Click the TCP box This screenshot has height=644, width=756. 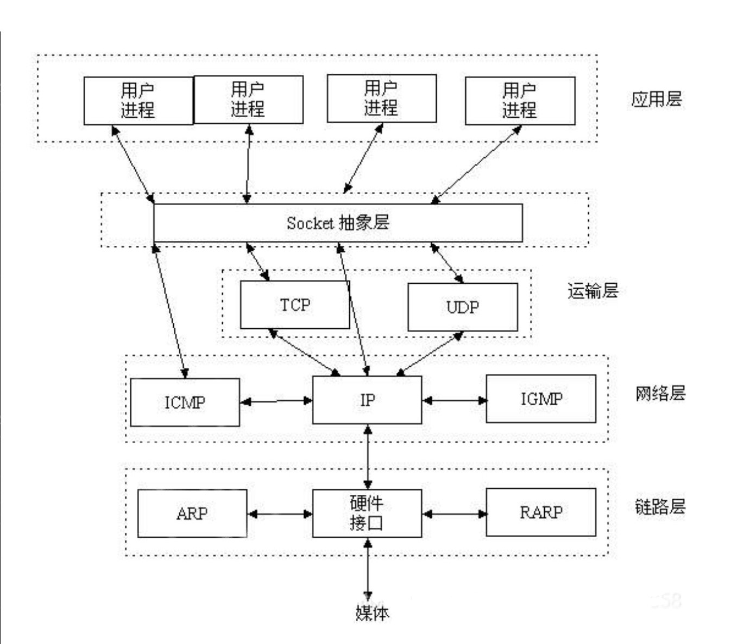pyautogui.click(x=295, y=305)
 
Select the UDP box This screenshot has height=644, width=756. pyautogui.click(x=462, y=307)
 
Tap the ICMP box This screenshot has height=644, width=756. pyautogui.click(x=185, y=403)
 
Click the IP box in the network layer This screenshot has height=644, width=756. pyautogui.click(x=367, y=400)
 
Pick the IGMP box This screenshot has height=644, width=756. pyautogui.click(x=541, y=399)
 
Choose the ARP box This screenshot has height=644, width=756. pyautogui.click(x=192, y=513)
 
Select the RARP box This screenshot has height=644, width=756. pyautogui.click(x=541, y=512)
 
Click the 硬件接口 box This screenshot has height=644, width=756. pyautogui.click(x=367, y=513)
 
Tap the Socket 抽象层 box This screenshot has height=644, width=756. pyautogui.click(x=338, y=223)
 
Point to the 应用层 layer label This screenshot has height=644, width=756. pyautogui.click(x=656, y=99)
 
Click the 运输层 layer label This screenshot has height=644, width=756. pyautogui.click(x=593, y=291)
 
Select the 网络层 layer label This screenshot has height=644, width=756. pyautogui.click(x=660, y=393)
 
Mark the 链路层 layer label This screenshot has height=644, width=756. pyautogui.click(x=660, y=507)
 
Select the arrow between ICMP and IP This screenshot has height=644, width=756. pyautogui.click(x=276, y=401)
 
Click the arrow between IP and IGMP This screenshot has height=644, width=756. pyautogui.click(x=454, y=400)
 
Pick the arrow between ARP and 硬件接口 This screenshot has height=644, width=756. pyautogui.click(x=280, y=513)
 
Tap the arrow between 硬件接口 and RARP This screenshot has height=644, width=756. pyautogui.click(x=454, y=513)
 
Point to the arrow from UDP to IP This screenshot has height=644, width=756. pyautogui.click(x=429, y=354)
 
